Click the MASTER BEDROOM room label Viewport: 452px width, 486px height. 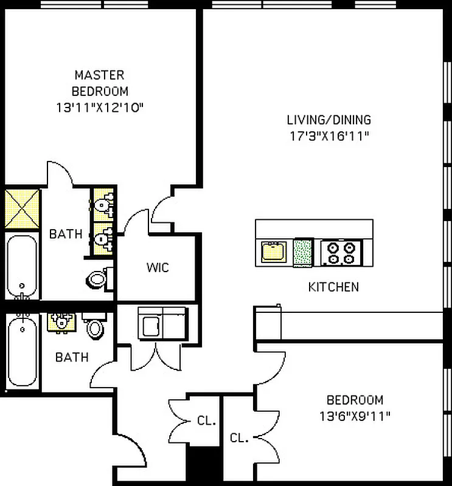(x=100, y=83)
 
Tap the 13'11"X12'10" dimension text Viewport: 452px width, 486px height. (x=100, y=108)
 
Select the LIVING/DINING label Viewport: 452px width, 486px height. (x=329, y=120)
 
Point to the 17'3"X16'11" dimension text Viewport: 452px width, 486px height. (x=329, y=135)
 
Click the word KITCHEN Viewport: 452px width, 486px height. (x=333, y=287)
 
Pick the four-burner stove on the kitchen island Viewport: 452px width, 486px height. (x=341, y=252)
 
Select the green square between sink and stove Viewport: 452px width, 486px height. (x=302, y=252)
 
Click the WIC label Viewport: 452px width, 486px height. (x=157, y=267)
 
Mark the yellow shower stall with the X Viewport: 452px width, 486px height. (x=23, y=208)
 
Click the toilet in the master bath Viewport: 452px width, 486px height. (x=97, y=279)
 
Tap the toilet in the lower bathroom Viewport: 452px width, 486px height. (x=95, y=329)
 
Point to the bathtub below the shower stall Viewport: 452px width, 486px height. (x=23, y=266)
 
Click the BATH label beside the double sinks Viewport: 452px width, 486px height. (x=66, y=234)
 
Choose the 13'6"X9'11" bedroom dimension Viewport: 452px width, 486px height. (x=355, y=416)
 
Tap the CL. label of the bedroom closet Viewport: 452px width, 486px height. (x=239, y=438)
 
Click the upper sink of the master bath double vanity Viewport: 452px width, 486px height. (x=105, y=202)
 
